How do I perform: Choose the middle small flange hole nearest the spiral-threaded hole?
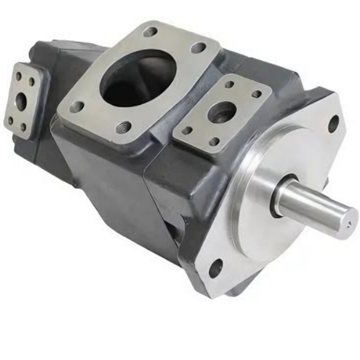click(x=187, y=130)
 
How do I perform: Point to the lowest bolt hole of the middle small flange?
click(x=214, y=142)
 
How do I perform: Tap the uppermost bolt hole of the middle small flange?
click(x=229, y=84)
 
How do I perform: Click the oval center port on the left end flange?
click(x=21, y=100)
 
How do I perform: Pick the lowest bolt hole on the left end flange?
click(x=23, y=127)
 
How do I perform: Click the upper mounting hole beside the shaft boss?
click(x=333, y=124)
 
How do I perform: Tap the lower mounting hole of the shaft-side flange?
click(x=215, y=268)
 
